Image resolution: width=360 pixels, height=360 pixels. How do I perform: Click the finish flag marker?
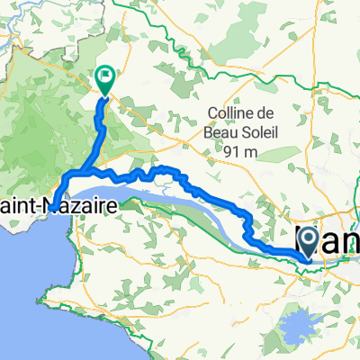tap(105, 79)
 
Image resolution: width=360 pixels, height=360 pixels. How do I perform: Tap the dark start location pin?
tap(306, 239)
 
